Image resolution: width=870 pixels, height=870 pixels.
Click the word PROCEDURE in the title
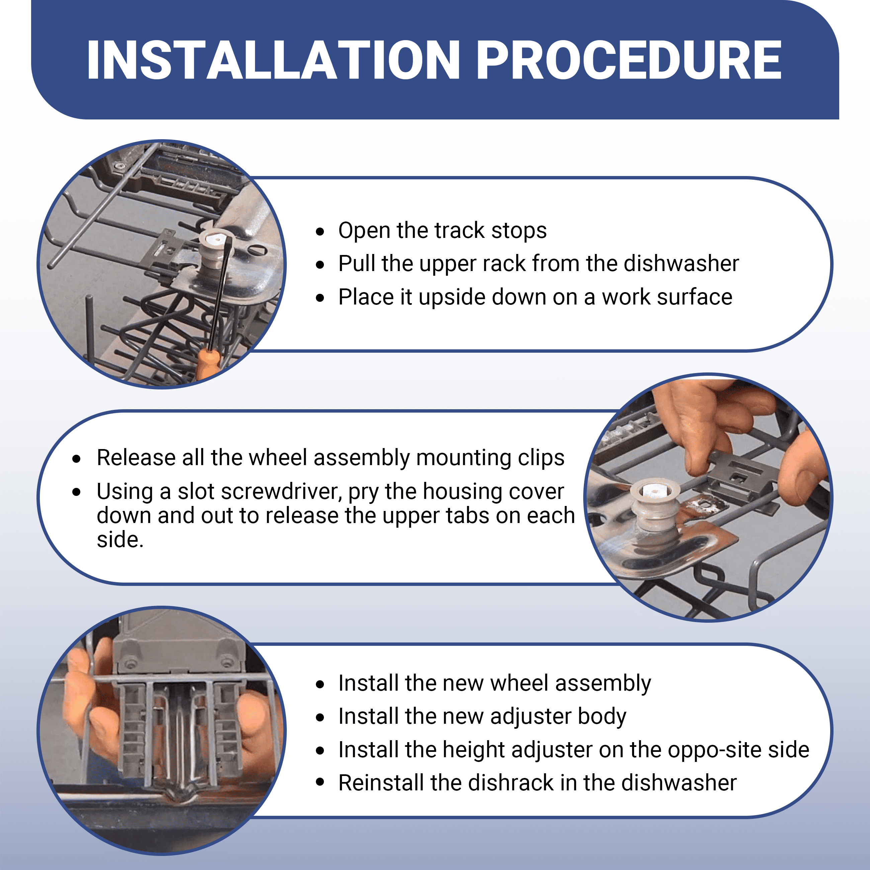coord(629,60)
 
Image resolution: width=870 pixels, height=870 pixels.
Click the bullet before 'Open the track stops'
coord(320,232)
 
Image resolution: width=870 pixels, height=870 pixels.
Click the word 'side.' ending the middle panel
coord(120,539)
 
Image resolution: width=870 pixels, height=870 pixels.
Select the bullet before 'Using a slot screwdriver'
coord(77,492)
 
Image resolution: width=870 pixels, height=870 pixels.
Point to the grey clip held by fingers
coord(738,480)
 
